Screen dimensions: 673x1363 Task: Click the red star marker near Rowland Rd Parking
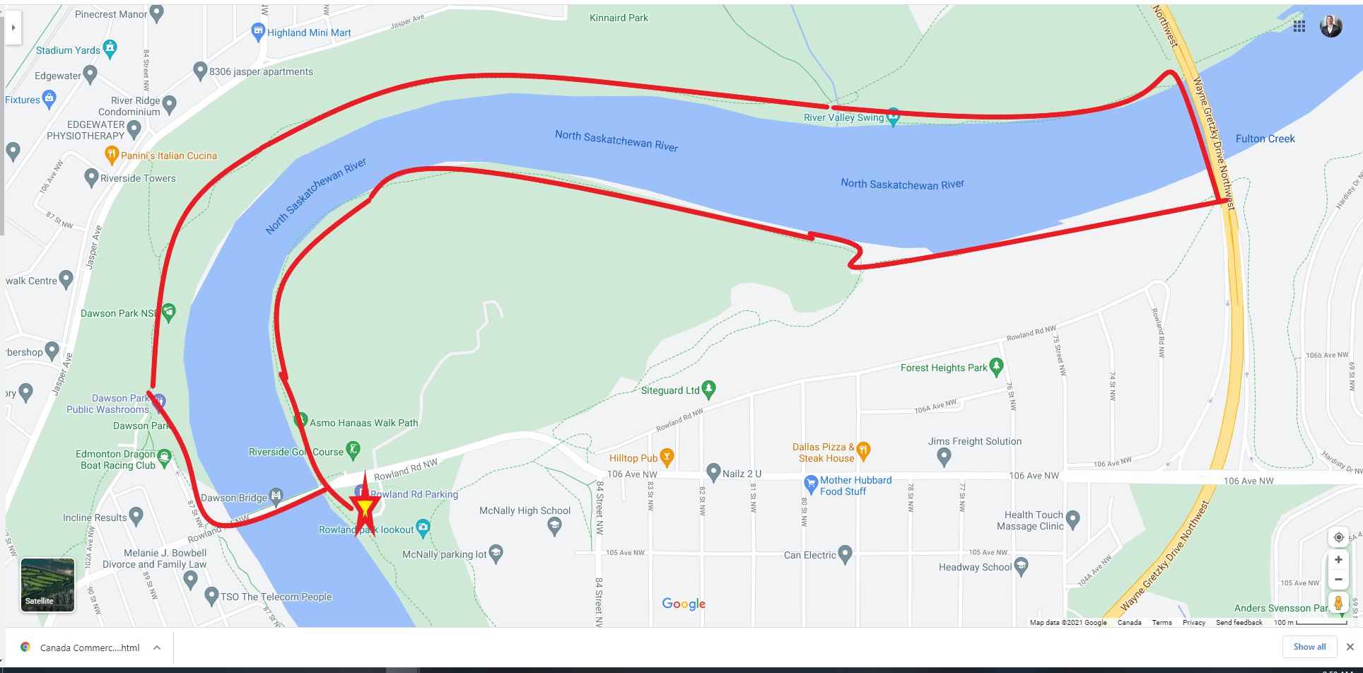(x=365, y=508)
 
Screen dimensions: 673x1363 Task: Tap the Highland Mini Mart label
(x=309, y=33)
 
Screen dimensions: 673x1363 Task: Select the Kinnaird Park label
(x=619, y=18)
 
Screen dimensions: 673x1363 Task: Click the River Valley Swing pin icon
(x=893, y=117)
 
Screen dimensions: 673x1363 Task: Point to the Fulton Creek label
(x=1265, y=139)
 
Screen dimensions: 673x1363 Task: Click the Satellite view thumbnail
(x=47, y=585)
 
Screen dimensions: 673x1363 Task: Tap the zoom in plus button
(x=1338, y=559)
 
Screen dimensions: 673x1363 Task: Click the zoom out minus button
(x=1338, y=580)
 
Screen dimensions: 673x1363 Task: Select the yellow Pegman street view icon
(x=1338, y=603)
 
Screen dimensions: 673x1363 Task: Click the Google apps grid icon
(x=1299, y=26)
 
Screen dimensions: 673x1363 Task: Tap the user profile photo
(x=1330, y=26)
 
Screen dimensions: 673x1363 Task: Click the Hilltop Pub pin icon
(x=667, y=457)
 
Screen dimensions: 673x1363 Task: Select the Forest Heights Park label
(x=944, y=368)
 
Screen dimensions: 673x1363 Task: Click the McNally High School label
(x=525, y=510)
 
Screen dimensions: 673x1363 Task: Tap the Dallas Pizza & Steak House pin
(x=863, y=450)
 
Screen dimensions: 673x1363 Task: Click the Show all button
(x=1309, y=647)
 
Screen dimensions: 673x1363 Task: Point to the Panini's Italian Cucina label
(x=169, y=156)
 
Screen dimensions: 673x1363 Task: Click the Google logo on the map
(x=684, y=604)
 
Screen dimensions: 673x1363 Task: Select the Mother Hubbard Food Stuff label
(x=855, y=486)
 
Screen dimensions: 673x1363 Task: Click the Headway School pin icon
(x=1021, y=566)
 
